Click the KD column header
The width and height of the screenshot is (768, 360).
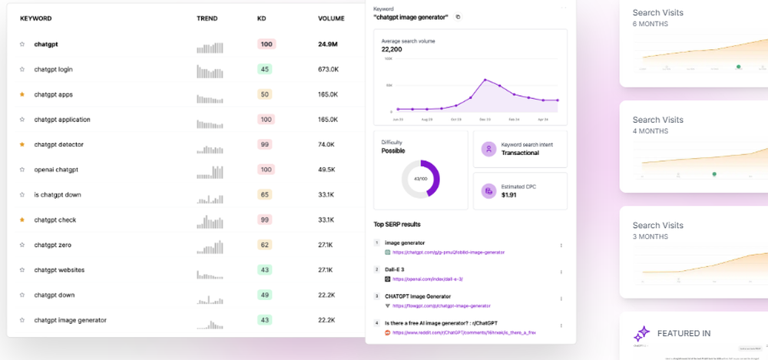point(262,18)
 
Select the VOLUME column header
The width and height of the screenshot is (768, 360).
point(331,18)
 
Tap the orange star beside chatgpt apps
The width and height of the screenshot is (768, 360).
point(22,94)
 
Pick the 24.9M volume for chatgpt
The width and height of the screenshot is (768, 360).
point(328,45)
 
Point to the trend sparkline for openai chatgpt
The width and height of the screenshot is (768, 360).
point(210,170)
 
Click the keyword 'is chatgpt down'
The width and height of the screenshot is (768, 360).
point(58,195)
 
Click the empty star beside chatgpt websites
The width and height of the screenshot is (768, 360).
point(22,270)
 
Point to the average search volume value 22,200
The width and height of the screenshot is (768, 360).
point(392,48)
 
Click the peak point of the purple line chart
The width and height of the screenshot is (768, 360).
point(485,79)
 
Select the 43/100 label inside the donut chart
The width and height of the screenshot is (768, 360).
point(420,178)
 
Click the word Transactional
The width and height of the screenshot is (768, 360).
point(520,153)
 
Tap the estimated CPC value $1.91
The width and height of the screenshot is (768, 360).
point(508,196)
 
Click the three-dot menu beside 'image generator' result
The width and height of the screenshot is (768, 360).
point(561,246)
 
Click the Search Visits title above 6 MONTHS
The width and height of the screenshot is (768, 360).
point(657,12)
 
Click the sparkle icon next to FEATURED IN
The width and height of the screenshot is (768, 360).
point(641,334)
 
